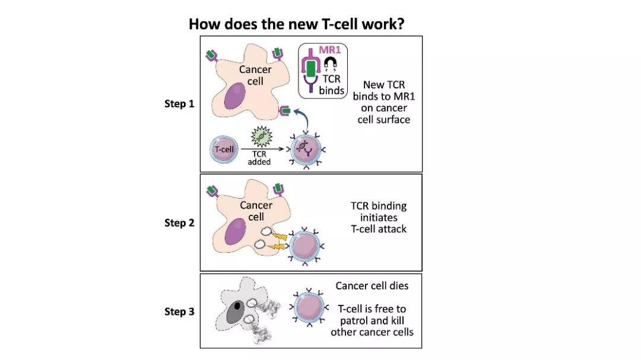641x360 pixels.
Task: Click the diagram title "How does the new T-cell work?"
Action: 296,24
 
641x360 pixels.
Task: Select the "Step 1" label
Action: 179,104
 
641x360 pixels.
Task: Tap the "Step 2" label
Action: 179,222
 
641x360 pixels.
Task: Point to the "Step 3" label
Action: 179,311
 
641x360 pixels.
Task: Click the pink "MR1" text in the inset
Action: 329,50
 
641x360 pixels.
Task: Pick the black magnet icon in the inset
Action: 331,63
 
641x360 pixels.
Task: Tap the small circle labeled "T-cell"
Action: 224,149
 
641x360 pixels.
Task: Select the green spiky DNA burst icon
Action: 261,136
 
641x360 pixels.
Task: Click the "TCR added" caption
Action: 259,158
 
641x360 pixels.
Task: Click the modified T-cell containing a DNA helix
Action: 306,151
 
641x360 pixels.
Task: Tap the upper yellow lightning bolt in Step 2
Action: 279,236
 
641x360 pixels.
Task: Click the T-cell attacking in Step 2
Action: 305,246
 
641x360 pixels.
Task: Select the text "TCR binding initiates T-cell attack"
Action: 379,218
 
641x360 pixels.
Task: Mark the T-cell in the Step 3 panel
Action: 309,308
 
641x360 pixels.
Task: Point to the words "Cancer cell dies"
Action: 372,286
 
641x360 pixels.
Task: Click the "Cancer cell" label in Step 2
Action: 256,211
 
